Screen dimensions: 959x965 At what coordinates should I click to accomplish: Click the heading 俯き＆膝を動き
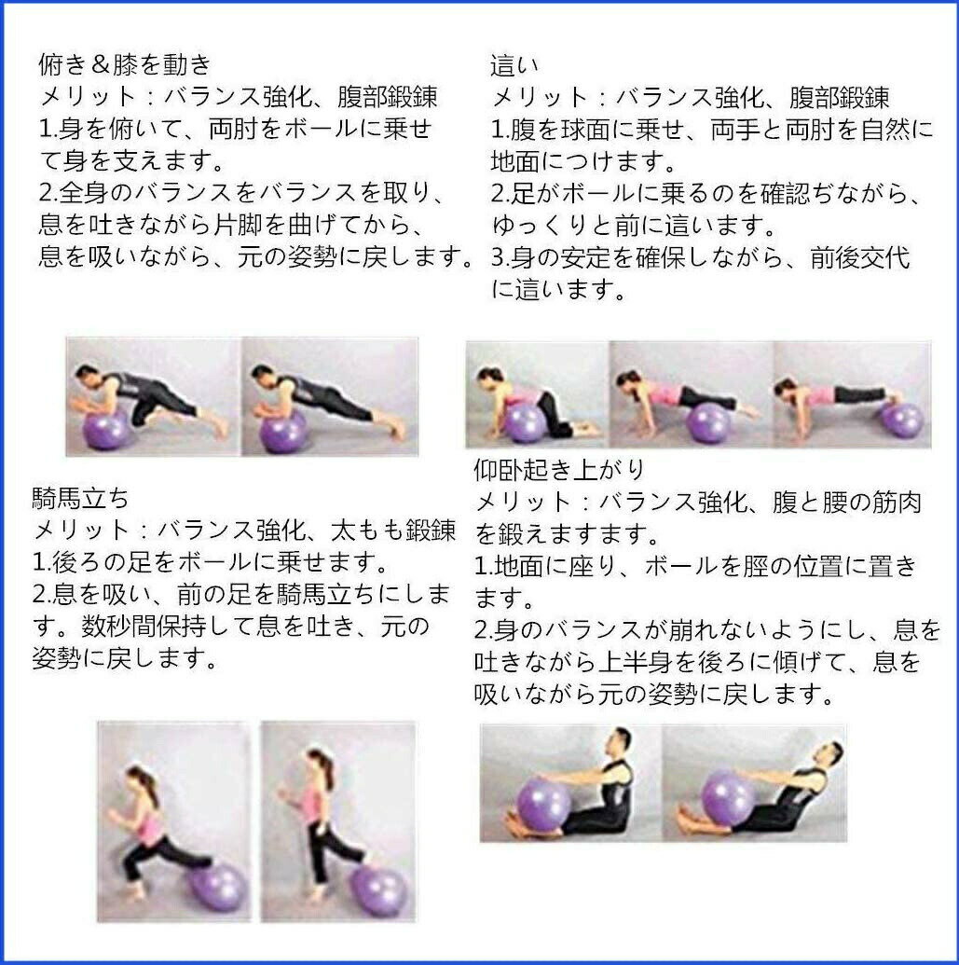pyautogui.click(x=125, y=64)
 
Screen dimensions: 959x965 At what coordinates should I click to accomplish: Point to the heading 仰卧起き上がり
pyautogui.click(x=559, y=470)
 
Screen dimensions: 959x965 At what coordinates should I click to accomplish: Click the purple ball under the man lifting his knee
pyautogui.click(x=105, y=431)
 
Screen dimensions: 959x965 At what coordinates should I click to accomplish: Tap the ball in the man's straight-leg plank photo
pyautogui.click(x=283, y=432)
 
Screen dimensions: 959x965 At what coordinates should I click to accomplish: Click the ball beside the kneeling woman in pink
pyautogui.click(x=526, y=422)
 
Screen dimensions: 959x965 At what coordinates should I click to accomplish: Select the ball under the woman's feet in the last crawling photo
pyautogui.click(x=902, y=420)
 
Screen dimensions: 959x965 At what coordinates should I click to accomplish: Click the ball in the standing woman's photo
pyautogui.click(x=380, y=891)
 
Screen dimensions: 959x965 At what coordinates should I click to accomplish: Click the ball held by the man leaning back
pyautogui.click(x=729, y=798)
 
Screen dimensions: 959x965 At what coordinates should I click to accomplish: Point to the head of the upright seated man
pyautogui.click(x=622, y=741)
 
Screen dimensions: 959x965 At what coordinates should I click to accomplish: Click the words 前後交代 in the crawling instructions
pyautogui.click(x=859, y=257)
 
